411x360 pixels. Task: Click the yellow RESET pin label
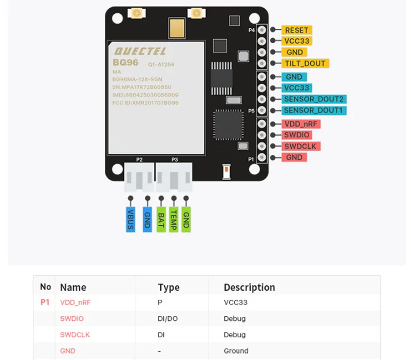296,30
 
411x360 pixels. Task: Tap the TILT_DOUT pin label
305,63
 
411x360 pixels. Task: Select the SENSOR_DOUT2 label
314,99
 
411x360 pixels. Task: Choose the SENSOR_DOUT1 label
314,111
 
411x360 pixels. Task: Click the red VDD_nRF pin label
301,124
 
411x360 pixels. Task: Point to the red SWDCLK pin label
301,146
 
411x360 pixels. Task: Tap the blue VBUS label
130,220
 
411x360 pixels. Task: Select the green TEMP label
174,220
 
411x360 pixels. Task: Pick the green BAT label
161,220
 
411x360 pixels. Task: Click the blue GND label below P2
147,220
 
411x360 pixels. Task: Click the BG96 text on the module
125,62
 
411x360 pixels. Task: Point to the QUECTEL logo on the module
140,51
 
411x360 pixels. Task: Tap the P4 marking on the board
251,30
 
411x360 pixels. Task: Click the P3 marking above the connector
175,159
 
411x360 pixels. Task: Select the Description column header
249,287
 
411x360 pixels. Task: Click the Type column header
169,287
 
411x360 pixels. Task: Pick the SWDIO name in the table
72,318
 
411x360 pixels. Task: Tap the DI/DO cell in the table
168,318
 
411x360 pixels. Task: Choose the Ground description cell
236,351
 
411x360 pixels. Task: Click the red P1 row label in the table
45,302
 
